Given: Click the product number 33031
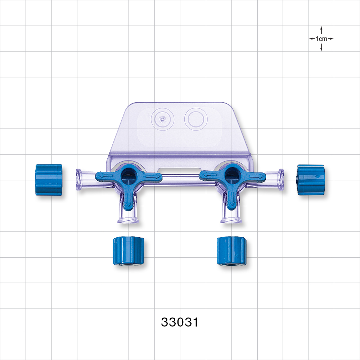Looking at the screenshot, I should [180, 322].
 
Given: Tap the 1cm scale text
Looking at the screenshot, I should [321, 39].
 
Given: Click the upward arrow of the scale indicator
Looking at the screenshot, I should [321, 30].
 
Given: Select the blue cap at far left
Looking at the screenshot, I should [49, 180].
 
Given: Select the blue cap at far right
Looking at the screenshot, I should [310, 180].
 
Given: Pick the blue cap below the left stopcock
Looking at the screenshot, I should [129, 251].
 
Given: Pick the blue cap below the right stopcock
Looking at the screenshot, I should [231, 251].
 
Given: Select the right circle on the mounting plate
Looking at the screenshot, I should [195, 118].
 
